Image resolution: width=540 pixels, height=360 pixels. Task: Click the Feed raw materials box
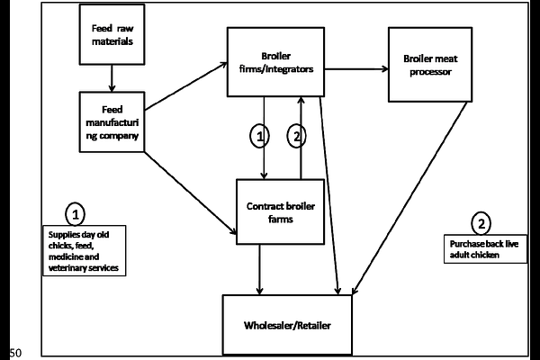[113, 35]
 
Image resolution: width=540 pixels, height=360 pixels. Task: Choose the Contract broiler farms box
[279, 211]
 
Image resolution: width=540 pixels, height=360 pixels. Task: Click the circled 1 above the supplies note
[76, 213]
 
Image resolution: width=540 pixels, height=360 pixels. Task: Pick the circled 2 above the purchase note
[481, 223]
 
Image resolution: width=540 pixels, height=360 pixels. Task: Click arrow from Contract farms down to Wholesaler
[261, 268]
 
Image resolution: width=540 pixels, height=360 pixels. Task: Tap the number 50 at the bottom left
[13, 352]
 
